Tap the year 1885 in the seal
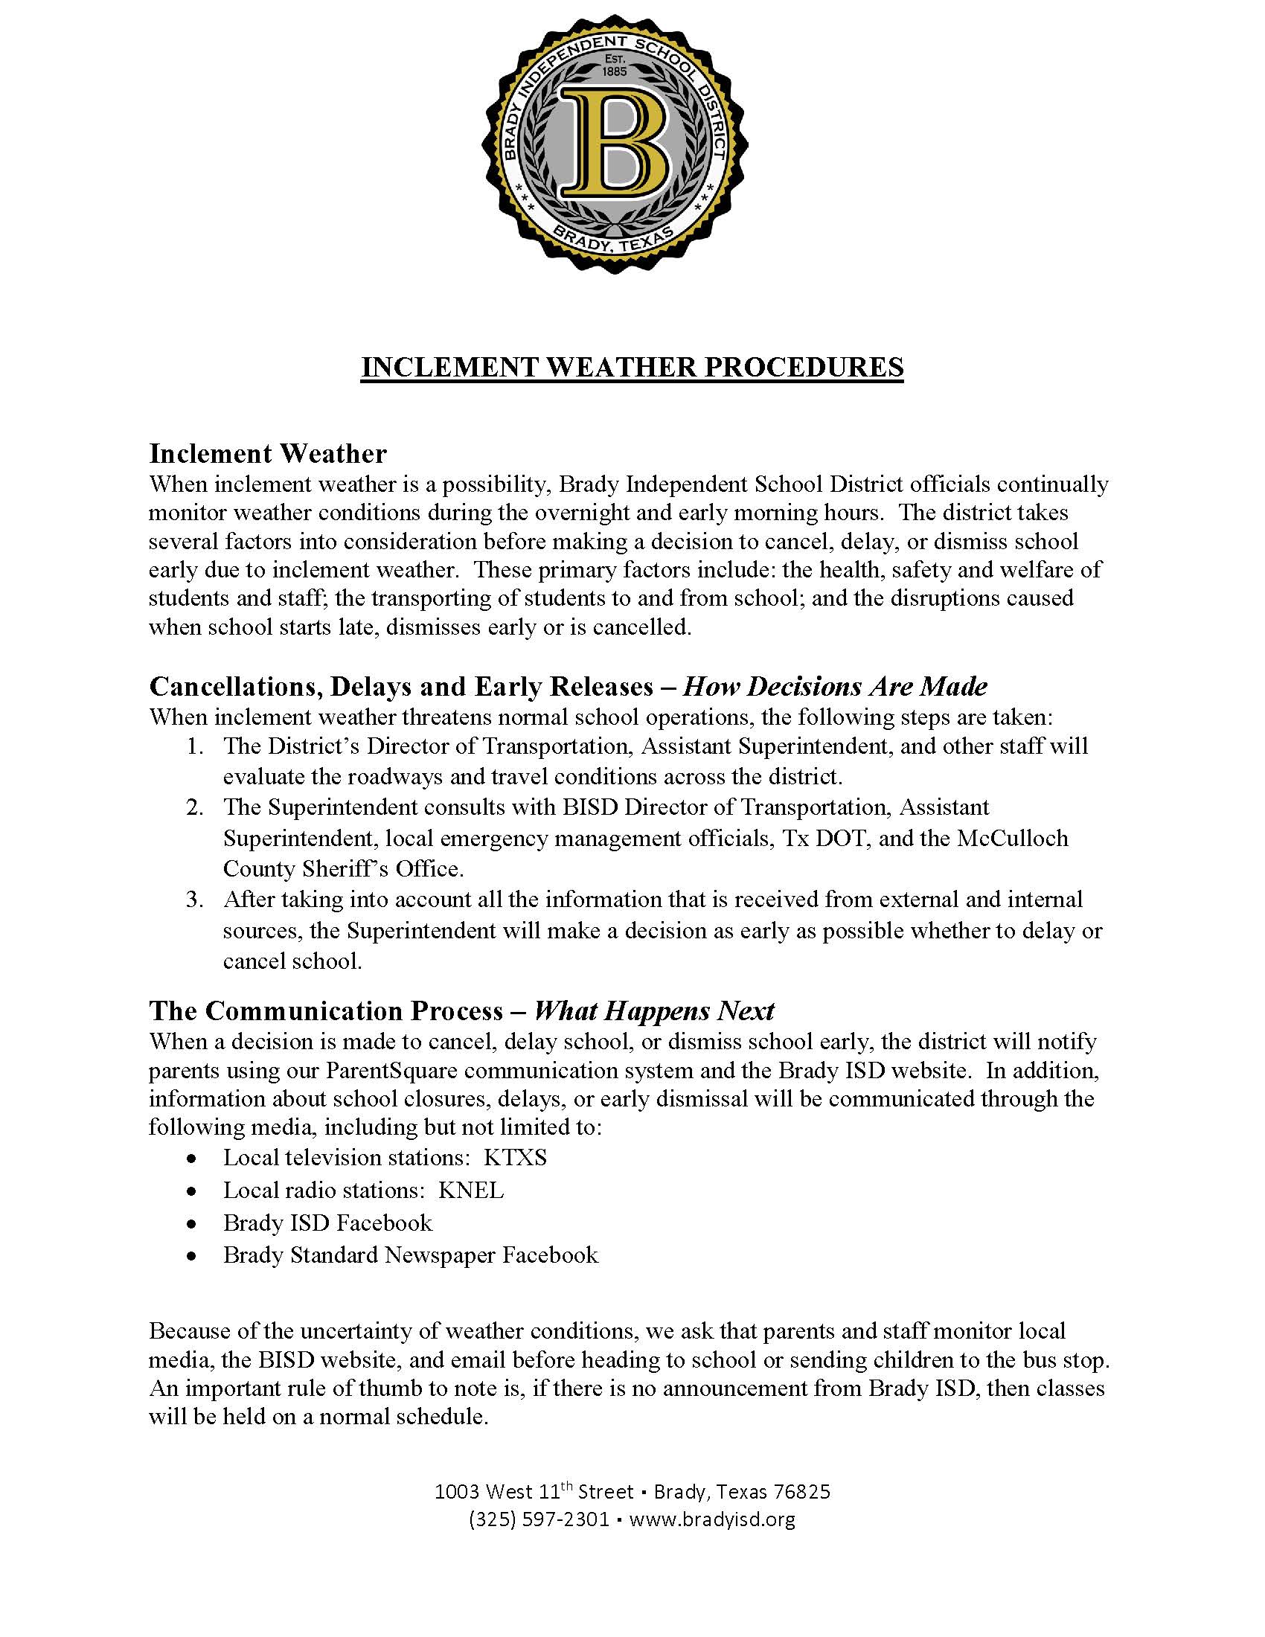[615, 72]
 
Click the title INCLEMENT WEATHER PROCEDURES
[632, 368]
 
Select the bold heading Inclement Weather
[268, 453]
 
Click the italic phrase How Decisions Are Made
[835, 686]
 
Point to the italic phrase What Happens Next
[653, 1010]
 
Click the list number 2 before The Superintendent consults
[194, 807]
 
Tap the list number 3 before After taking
[194, 899]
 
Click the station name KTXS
[515, 1157]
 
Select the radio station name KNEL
[470, 1191]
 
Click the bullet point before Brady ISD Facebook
[193, 1224]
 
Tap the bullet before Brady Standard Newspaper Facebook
[193, 1256]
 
